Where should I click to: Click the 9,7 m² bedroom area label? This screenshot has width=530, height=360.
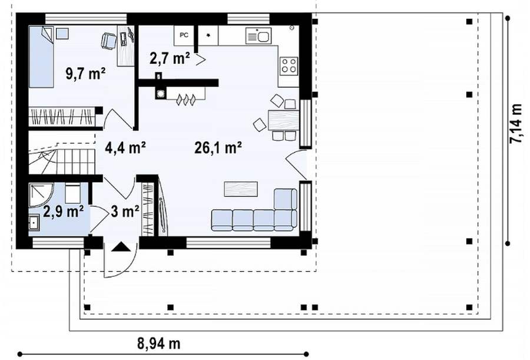click(x=85, y=74)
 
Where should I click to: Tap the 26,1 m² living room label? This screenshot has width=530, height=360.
click(x=218, y=147)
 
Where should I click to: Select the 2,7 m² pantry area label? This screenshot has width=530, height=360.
click(x=170, y=58)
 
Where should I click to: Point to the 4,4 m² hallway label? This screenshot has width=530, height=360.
click(x=125, y=147)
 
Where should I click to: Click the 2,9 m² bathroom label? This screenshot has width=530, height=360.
click(x=64, y=212)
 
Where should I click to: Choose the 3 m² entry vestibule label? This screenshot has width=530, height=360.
click(x=125, y=212)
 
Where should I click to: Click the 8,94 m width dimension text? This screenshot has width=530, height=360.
click(x=158, y=344)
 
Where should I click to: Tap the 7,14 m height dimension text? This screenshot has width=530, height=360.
click(x=515, y=124)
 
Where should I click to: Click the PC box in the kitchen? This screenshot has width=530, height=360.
click(x=184, y=35)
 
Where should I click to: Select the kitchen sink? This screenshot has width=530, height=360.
click(x=259, y=36)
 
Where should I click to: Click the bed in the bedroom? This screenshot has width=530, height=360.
click(x=41, y=57)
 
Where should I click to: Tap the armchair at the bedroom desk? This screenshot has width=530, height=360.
click(x=109, y=40)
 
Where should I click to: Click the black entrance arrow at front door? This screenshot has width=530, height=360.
click(x=121, y=247)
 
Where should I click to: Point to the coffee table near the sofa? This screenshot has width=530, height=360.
click(x=241, y=189)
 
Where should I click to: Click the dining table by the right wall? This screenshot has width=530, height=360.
click(x=284, y=120)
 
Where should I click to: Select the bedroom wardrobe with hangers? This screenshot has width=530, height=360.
click(x=62, y=117)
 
